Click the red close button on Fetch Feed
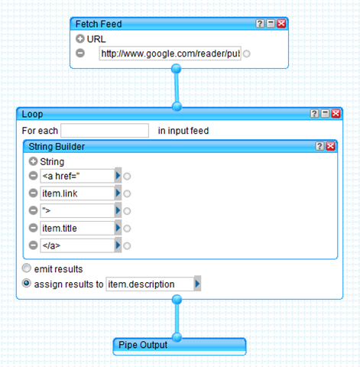pos(281,24)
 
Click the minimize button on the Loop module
pos(325,114)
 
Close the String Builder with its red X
pos(330,146)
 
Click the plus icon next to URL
pos(80,39)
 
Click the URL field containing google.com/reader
pos(170,54)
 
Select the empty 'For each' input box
pos(105,131)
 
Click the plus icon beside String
pos(33,161)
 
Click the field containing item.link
pos(77,193)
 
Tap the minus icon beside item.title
pos(33,228)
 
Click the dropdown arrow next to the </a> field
pos(118,245)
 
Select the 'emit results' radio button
pos(27,268)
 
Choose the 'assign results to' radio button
pos(27,283)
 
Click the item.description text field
pos(150,284)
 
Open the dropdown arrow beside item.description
pos(197,284)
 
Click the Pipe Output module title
pos(143,345)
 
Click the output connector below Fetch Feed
pos(177,69)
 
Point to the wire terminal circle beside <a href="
pos(127,176)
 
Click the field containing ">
pos(77,210)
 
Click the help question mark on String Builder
pos(319,146)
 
